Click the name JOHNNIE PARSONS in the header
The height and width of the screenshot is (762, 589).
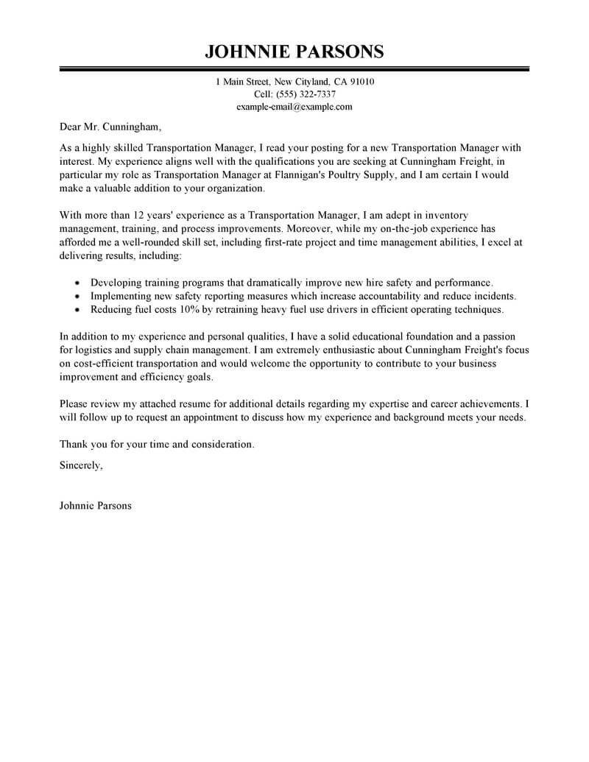pyautogui.click(x=294, y=52)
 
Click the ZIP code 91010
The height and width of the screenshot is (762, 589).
pyautogui.click(x=361, y=82)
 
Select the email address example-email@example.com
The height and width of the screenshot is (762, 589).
pyautogui.click(x=294, y=107)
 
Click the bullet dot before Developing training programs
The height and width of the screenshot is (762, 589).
pyautogui.click(x=78, y=282)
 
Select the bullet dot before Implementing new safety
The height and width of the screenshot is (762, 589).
pyautogui.click(x=78, y=295)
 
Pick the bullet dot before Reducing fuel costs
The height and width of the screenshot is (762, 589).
pyautogui.click(x=78, y=309)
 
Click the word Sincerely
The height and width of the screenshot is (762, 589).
pyautogui.click(x=82, y=466)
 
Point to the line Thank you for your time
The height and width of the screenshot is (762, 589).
pyautogui.click(x=156, y=445)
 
